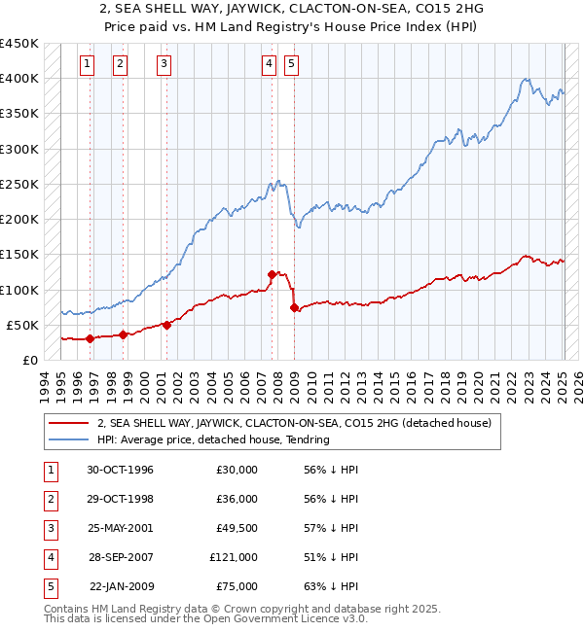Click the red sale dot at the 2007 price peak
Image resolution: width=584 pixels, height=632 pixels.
272,274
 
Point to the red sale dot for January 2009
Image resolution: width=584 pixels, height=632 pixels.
294,307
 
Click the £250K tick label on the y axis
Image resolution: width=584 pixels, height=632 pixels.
19,184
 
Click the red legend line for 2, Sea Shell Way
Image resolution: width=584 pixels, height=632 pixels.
68,424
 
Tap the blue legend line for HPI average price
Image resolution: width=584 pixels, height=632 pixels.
68,439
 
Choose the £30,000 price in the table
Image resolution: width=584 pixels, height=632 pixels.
237,470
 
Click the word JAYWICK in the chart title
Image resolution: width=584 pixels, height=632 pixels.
213,8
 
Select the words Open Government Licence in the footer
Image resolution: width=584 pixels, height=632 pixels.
279,618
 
